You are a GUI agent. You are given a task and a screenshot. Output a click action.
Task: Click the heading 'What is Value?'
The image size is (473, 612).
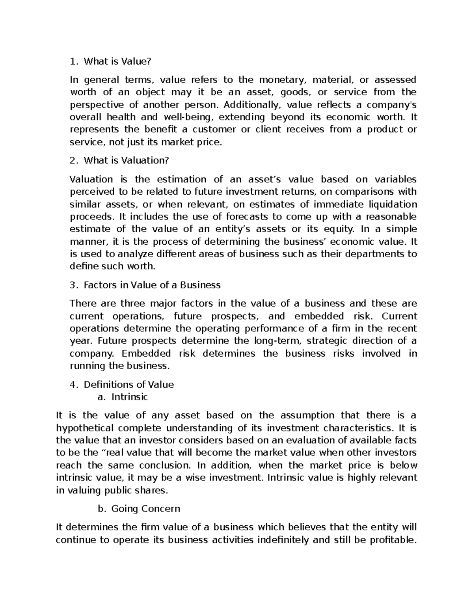pyautogui.click(x=117, y=61)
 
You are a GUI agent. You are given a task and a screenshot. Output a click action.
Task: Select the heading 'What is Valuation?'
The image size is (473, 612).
pyautogui.click(x=126, y=161)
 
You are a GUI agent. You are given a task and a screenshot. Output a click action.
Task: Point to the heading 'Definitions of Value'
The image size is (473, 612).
pyautogui.click(x=129, y=385)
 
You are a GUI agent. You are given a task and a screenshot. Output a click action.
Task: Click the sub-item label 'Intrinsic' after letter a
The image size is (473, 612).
pyautogui.click(x=130, y=397)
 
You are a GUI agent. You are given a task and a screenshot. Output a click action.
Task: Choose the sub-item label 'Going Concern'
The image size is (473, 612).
pyautogui.click(x=146, y=509)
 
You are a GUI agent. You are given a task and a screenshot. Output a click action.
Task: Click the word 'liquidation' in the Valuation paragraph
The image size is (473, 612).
pyautogui.click(x=392, y=204)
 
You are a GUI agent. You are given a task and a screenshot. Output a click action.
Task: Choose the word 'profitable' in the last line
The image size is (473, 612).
pyautogui.click(x=393, y=540)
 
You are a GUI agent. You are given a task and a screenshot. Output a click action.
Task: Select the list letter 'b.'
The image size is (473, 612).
pyautogui.click(x=102, y=509)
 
